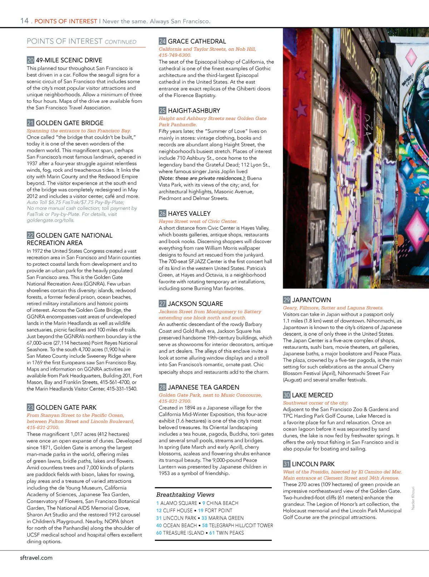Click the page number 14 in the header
(x=24, y=21)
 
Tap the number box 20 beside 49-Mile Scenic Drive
(x=30, y=60)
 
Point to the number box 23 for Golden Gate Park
(x=30, y=407)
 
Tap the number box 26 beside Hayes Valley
(x=162, y=214)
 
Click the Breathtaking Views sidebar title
(x=185, y=495)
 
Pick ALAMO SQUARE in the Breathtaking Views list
(x=179, y=503)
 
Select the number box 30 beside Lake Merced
(x=286, y=395)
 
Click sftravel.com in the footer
(x=36, y=558)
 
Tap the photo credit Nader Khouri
(x=413, y=498)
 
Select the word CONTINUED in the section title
(x=120, y=42)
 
